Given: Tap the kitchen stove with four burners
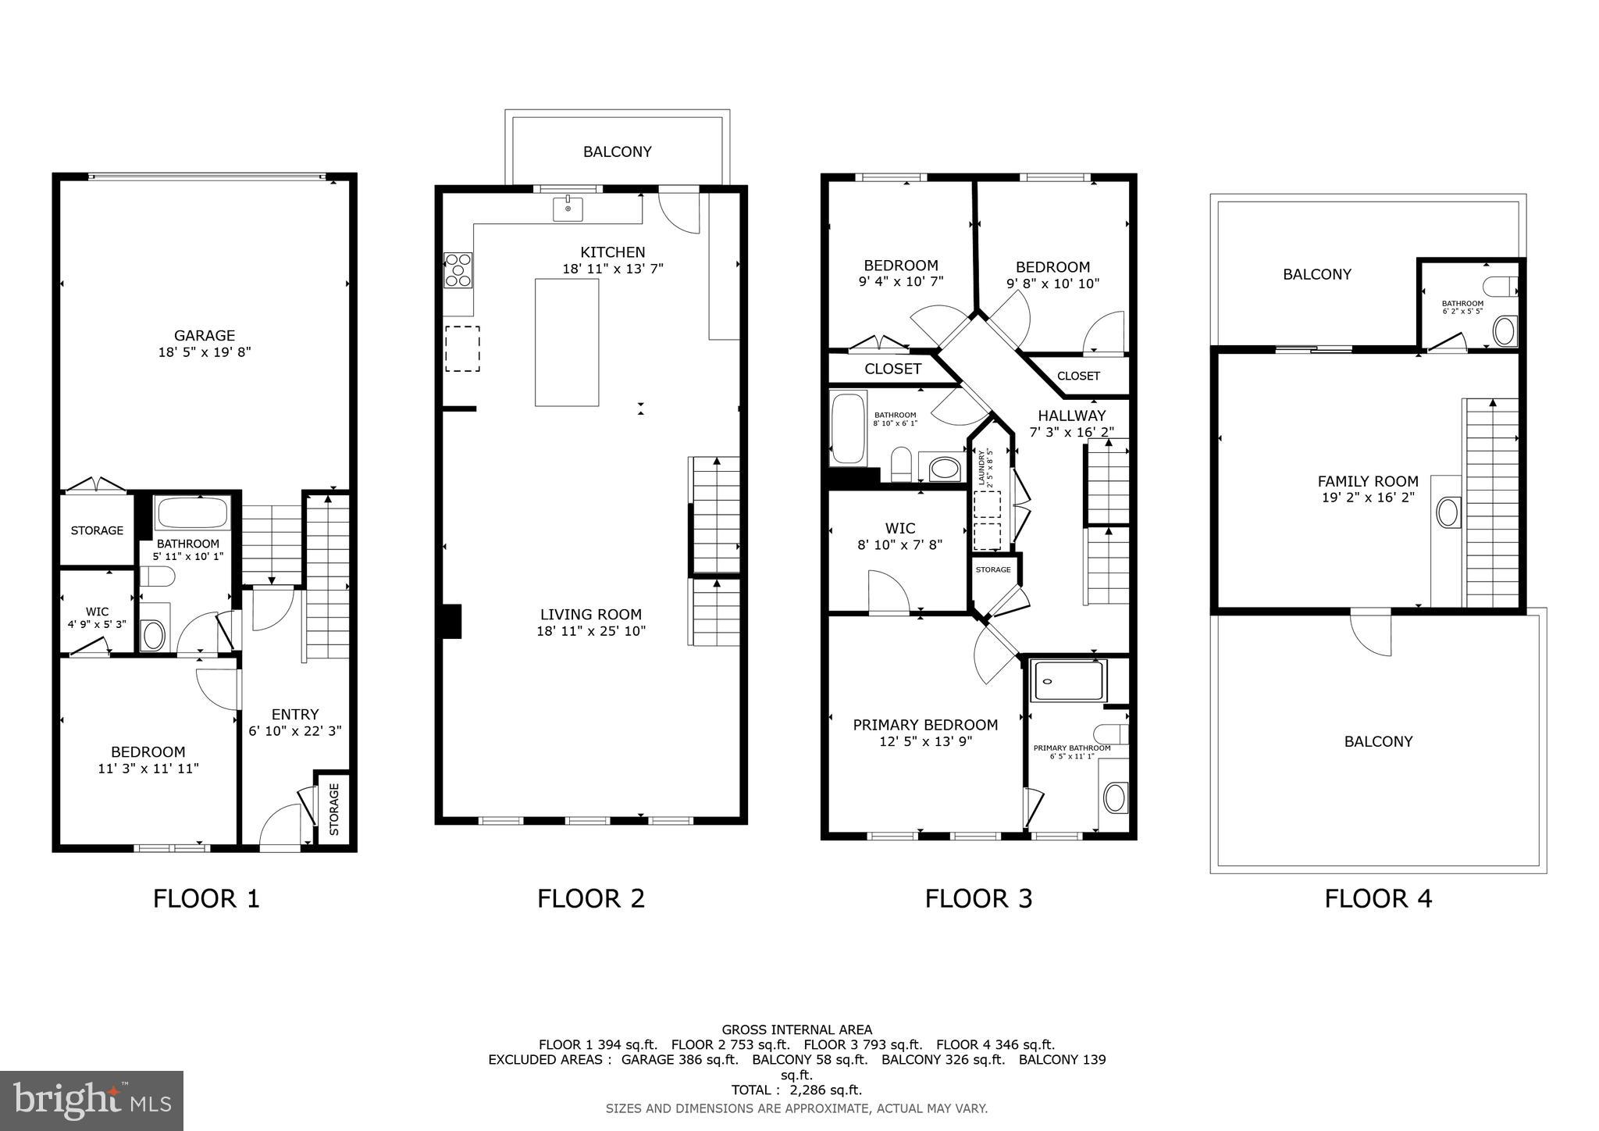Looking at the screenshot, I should (458, 269).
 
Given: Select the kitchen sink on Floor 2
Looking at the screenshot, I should (568, 209).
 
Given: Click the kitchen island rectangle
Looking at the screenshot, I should (567, 342).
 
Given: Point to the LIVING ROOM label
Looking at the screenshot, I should (591, 615).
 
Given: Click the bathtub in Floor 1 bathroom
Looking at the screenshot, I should (192, 513).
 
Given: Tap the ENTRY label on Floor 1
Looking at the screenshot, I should (295, 714).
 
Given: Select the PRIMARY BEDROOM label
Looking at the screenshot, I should (925, 725).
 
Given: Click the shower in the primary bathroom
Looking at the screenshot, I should (1069, 680).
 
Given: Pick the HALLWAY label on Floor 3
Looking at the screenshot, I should (1071, 416).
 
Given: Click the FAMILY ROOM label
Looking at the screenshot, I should (1368, 481).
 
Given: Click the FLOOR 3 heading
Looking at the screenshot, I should (978, 898).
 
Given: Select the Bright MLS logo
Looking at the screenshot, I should (92, 1101).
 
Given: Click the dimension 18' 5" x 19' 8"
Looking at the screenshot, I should (205, 352).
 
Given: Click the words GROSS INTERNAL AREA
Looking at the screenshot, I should (796, 1029).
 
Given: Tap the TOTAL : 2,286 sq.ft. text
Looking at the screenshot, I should (796, 1090).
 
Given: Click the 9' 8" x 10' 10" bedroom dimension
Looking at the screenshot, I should (1052, 284).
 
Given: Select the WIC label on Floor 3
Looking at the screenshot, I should (899, 528).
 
